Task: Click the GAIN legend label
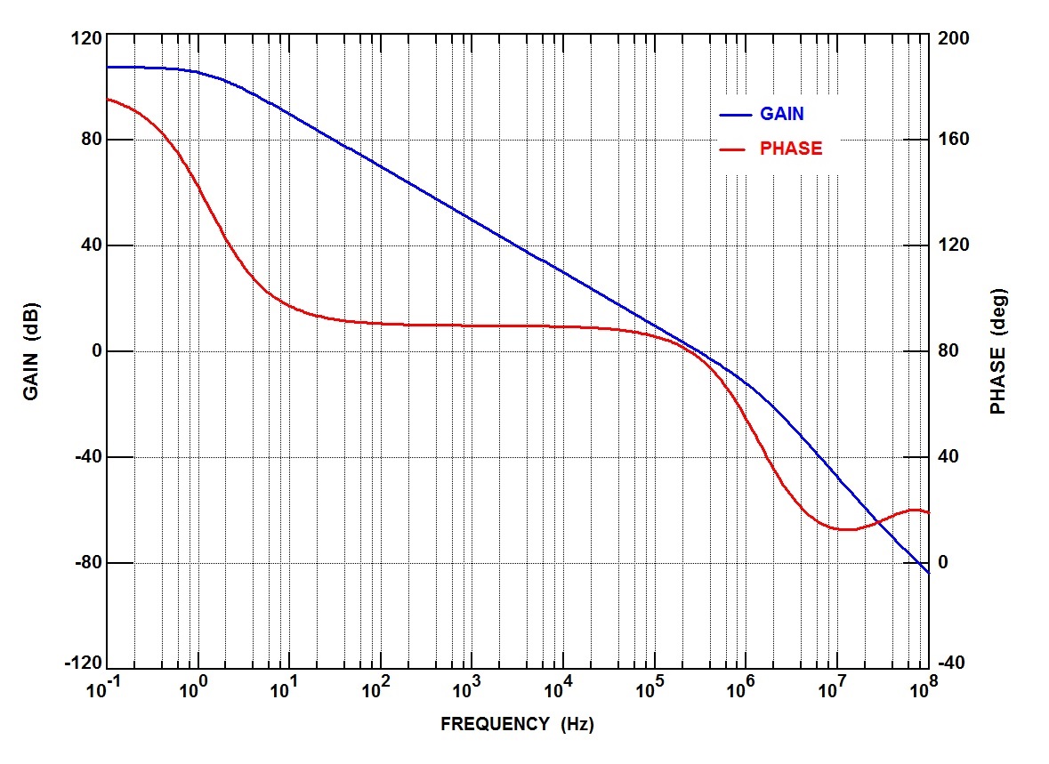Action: [x=781, y=114]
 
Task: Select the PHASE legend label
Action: [x=790, y=149]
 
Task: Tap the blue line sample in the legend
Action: [x=734, y=115]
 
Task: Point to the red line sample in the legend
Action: [x=734, y=149]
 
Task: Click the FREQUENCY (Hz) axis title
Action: [x=517, y=724]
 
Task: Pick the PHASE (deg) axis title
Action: [x=997, y=351]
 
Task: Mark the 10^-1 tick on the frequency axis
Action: [x=106, y=690]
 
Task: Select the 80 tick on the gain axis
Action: [x=87, y=140]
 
